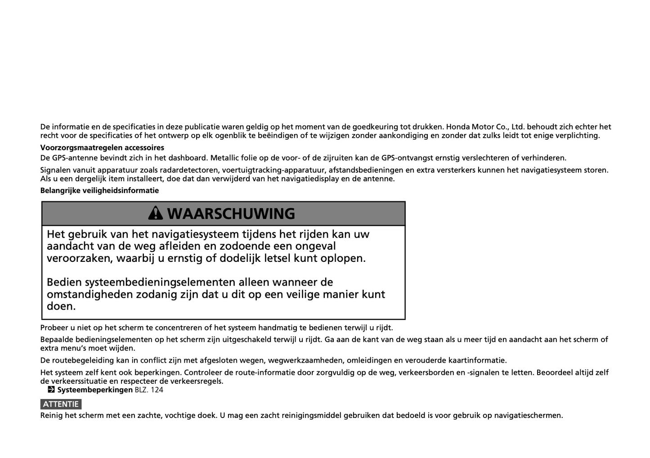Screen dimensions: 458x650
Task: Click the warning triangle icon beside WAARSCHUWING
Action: [x=155, y=213]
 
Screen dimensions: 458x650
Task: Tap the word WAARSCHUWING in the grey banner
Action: [x=231, y=214]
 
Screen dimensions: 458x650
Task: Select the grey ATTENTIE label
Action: [x=61, y=404]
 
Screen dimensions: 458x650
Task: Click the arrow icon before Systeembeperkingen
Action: [x=51, y=390]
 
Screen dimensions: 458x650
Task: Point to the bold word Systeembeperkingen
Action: [x=95, y=390]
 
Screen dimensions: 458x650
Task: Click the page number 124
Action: [x=157, y=390]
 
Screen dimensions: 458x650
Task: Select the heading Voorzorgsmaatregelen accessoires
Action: [x=102, y=148]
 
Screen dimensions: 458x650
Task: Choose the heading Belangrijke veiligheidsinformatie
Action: [x=99, y=190]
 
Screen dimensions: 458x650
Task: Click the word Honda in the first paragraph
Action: [x=457, y=127]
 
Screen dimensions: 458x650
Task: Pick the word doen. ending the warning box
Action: [x=61, y=306]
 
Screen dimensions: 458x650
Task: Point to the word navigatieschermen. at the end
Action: [x=529, y=415]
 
